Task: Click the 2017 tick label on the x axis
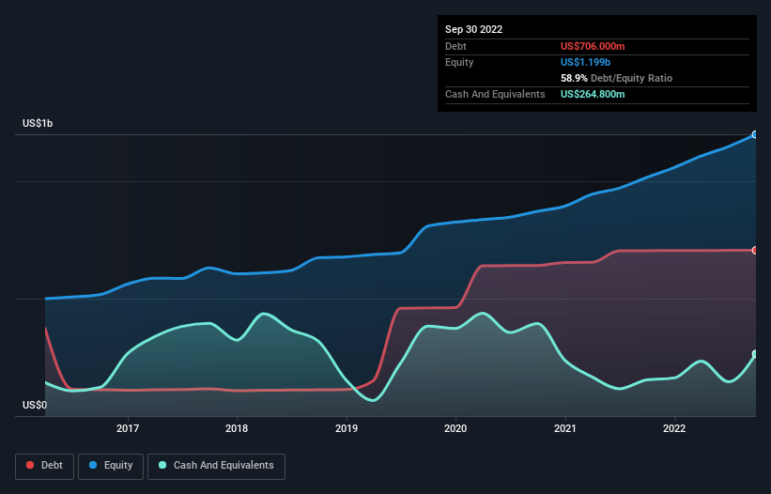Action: click(128, 428)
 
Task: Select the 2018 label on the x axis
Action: click(237, 428)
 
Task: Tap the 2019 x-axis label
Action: click(347, 428)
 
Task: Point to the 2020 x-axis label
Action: click(455, 428)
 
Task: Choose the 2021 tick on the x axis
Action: click(565, 428)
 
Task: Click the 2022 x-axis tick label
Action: click(674, 428)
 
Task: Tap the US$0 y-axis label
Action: click(35, 405)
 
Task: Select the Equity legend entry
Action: click(110, 465)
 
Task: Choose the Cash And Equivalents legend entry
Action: click(216, 465)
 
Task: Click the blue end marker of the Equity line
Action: click(755, 134)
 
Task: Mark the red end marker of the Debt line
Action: click(755, 250)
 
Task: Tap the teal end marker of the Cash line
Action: click(755, 354)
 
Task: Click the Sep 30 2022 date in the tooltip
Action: click(474, 29)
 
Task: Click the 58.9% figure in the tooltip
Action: click(574, 78)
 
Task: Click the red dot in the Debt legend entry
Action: click(30, 466)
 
